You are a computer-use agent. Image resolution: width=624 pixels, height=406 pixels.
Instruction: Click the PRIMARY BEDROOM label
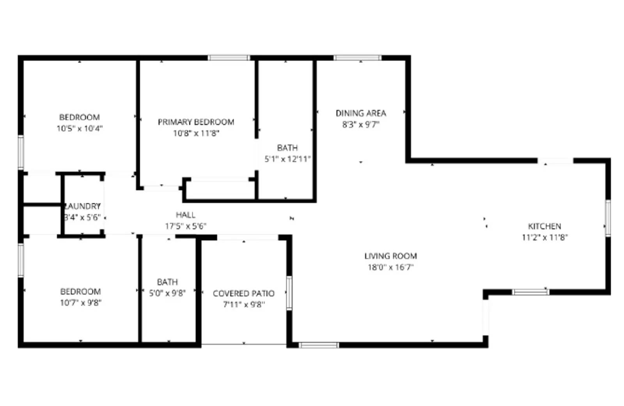coord(196,122)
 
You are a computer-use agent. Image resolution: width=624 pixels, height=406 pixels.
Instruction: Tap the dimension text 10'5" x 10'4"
coord(80,128)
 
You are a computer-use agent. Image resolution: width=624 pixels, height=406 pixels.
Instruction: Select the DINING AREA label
coord(361,113)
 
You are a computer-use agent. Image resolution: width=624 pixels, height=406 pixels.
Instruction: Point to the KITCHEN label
coord(544,226)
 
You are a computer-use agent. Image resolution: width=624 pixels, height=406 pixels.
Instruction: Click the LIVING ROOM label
coord(390,256)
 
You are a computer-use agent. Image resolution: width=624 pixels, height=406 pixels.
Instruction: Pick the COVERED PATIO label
coord(244,293)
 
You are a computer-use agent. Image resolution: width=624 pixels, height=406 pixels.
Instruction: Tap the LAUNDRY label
coord(83,206)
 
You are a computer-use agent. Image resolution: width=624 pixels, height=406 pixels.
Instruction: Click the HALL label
coord(186,215)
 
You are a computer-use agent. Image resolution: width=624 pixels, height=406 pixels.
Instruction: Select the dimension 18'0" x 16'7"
coord(390,267)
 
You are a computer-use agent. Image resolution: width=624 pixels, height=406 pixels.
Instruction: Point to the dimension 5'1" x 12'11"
coord(287,159)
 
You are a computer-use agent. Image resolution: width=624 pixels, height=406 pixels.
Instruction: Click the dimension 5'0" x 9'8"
coord(167,293)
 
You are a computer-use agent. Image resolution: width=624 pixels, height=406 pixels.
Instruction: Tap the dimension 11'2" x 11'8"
coord(544,237)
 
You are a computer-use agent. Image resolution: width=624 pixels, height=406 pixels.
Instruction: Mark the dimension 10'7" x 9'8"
coord(80,303)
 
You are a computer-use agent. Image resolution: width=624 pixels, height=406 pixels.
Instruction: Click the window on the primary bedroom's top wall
coord(229,58)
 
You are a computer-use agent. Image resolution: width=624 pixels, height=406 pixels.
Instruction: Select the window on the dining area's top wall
coord(357,58)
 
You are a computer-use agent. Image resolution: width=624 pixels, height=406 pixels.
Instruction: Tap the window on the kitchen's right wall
coord(608,218)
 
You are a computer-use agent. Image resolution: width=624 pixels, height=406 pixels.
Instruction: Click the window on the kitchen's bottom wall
coord(530,292)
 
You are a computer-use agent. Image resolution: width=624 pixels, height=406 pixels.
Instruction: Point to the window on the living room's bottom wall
coord(319,345)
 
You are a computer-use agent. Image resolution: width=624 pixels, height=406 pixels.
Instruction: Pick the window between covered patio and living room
coord(289,293)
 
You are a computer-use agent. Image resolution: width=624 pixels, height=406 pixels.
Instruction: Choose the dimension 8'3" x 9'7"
coord(361,124)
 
